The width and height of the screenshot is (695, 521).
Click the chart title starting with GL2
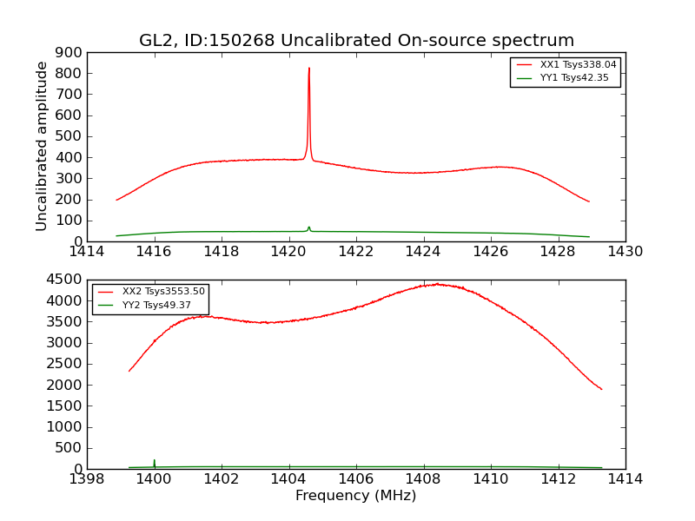pyautogui.click(x=356, y=41)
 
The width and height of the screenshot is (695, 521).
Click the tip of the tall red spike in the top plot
pyautogui.click(x=308, y=69)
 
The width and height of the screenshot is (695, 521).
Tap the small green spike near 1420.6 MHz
pyautogui.click(x=308, y=228)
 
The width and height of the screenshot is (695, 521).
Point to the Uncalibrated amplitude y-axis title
pyautogui.click(x=42, y=146)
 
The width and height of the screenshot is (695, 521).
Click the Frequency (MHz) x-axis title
pyautogui.click(x=355, y=496)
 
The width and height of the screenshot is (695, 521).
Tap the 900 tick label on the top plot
pyautogui.click(x=69, y=52)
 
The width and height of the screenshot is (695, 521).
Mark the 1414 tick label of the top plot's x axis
pyautogui.click(x=87, y=252)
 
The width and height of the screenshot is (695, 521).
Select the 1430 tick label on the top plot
pyautogui.click(x=625, y=252)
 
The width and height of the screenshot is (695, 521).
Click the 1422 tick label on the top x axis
pyautogui.click(x=356, y=252)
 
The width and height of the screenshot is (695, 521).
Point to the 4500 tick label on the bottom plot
pyautogui.click(x=63, y=280)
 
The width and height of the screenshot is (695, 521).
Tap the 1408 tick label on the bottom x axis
pyautogui.click(x=423, y=479)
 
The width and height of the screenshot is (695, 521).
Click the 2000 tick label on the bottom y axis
pyautogui.click(x=63, y=385)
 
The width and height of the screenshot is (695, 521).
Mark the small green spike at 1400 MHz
pyautogui.click(x=155, y=462)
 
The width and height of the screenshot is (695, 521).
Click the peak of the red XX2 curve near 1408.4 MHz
pyautogui.click(x=437, y=284)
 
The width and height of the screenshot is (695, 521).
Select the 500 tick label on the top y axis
pyautogui.click(x=69, y=136)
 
